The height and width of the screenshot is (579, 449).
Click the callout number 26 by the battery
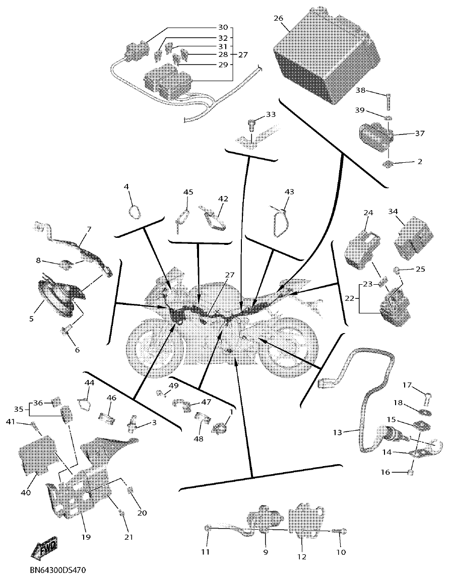pyautogui.click(x=278, y=18)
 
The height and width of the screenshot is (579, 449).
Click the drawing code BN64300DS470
pyautogui.click(x=57, y=571)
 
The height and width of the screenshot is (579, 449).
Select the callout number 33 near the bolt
pyautogui.click(x=271, y=115)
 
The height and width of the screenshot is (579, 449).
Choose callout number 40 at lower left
pyautogui.click(x=25, y=492)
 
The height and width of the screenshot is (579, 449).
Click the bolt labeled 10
pyautogui.click(x=339, y=531)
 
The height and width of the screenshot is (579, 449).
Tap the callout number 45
pyautogui.click(x=188, y=192)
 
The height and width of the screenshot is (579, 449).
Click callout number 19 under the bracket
pyautogui.click(x=86, y=537)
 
